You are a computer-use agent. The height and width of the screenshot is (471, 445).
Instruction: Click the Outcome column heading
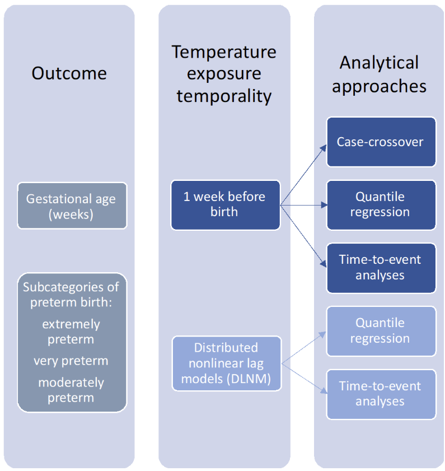pyautogui.click(x=69, y=73)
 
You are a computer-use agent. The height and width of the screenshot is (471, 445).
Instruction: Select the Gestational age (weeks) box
pyautogui.click(x=72, y=206)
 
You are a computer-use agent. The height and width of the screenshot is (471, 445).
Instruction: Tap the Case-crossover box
pyautogui.click(x=381, y=142)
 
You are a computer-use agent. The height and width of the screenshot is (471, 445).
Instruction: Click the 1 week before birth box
pyautogui.click(x=226, y=205)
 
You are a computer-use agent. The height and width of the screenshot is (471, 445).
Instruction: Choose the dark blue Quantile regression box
pyautogui.click(x=381, y=205)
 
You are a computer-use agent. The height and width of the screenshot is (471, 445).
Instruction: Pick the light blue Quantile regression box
pyautogui.click(x=381, y=331)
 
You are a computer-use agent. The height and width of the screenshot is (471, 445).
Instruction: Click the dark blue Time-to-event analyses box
pyautogui.click(x=381, y=268)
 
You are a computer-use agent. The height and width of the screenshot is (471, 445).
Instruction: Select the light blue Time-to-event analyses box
pyautogui.click(x=381, y=394)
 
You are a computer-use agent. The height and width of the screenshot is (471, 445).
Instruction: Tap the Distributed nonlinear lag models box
pyautogui.click(x=227, y=363)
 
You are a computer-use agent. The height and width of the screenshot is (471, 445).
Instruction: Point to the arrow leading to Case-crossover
pyautogui.click(x=303, y=175)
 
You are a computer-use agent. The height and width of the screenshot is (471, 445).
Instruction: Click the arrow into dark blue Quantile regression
pyautogui.click(x=303, y=205)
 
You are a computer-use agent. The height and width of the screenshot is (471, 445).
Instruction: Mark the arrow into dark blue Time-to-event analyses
pyautogui.click(x=303, y=236)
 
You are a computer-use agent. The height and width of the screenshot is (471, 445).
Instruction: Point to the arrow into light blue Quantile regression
pyautogui.click(x=304, y=348)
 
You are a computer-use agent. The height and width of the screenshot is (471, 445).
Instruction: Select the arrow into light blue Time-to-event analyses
pyautogui.click(x=304, y=379)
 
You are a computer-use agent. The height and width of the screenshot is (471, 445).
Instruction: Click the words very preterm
pyautogui.click(x=71, y=361)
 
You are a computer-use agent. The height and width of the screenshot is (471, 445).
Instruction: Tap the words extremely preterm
pyautogui.click(x=71, y=332)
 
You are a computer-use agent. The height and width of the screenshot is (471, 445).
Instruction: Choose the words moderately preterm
pyautogui.click(x=71, y=390)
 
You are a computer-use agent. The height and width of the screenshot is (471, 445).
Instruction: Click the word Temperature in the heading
pyautogui.click(x=224, y=52)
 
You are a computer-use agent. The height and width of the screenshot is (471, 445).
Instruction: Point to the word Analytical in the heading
pyautogui.click(x=379, y=63)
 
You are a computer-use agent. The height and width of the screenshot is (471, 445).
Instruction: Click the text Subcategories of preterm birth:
pyautogui.click(x=71, y=295)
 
